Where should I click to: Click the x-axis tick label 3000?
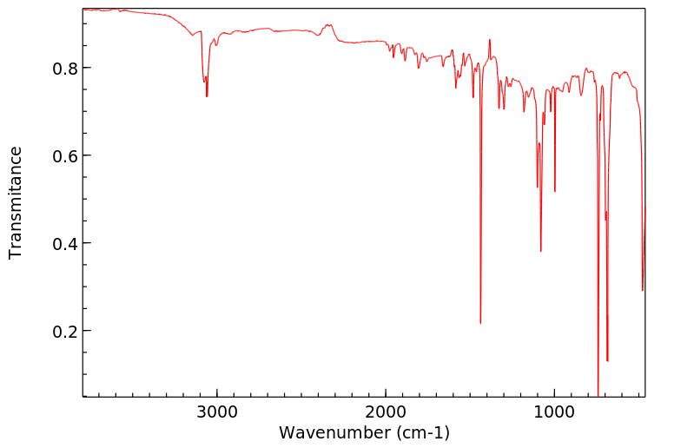(x=217, y=411)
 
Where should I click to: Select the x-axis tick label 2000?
(x=386, y=411)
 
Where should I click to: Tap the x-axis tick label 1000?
(x=554, y=411)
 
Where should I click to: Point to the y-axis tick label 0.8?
(x=66, y=68)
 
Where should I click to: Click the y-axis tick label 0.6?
(x=66, y=155)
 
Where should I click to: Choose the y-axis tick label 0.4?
(x=66, y=243)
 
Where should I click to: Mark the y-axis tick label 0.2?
(x=66, y=331)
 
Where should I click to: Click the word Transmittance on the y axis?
(x=16, y=202)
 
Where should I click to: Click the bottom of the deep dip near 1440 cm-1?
(x=480, y=323)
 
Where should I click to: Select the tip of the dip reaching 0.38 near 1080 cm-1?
(x=541, y=251)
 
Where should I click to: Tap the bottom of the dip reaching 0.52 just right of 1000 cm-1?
(x=555, y=191)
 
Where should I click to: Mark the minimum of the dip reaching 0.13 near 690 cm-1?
(x=607, y=360)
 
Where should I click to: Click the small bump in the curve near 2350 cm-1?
(x=327, y=25)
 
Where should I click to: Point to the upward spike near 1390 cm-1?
(x=490, y=40)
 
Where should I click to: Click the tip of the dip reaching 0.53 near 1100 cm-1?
(x=537, y=187)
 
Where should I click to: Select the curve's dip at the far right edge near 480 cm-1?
(x=643, y=290)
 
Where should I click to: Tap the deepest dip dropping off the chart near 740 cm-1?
(x=598, y=393)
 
